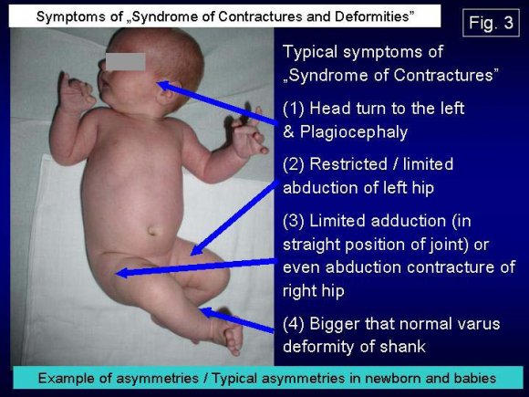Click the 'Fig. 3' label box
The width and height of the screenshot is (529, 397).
(489, 24)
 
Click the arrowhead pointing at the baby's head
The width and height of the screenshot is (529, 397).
(162, 86)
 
